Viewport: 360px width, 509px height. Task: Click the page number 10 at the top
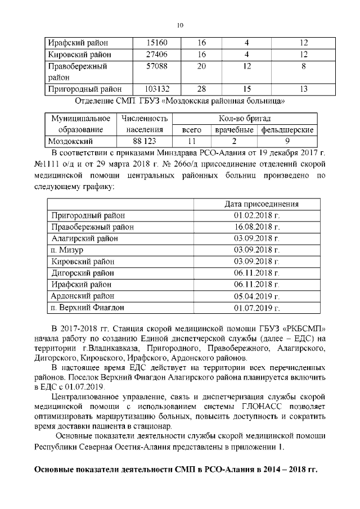pyautogui.click(x=180, y=25)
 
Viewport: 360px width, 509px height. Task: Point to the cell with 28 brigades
pyautogui.click(x=201, y=89)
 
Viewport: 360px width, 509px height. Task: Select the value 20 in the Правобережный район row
pyautogui.click(x=201, y=66)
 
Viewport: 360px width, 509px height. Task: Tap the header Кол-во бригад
pyautogui.click(x=244, y=119)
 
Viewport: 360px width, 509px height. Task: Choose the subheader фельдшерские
pyautogui.click(x=287, y=130)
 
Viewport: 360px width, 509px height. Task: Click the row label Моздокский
pyautogui.click(x=70, y=141)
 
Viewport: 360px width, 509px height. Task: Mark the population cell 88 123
pyautogui.click(x=144, y=141)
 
